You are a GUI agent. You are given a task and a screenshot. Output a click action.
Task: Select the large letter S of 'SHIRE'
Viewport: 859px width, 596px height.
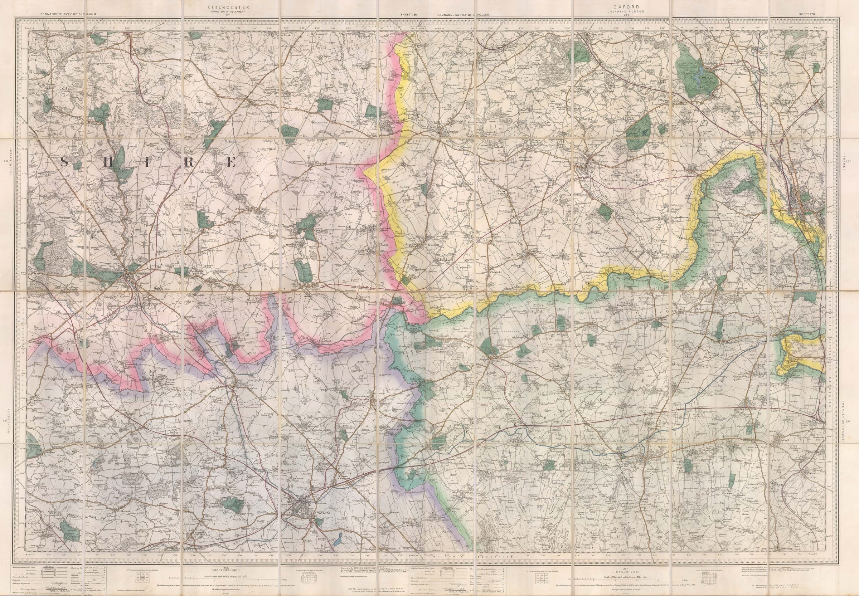coord(64,161)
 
